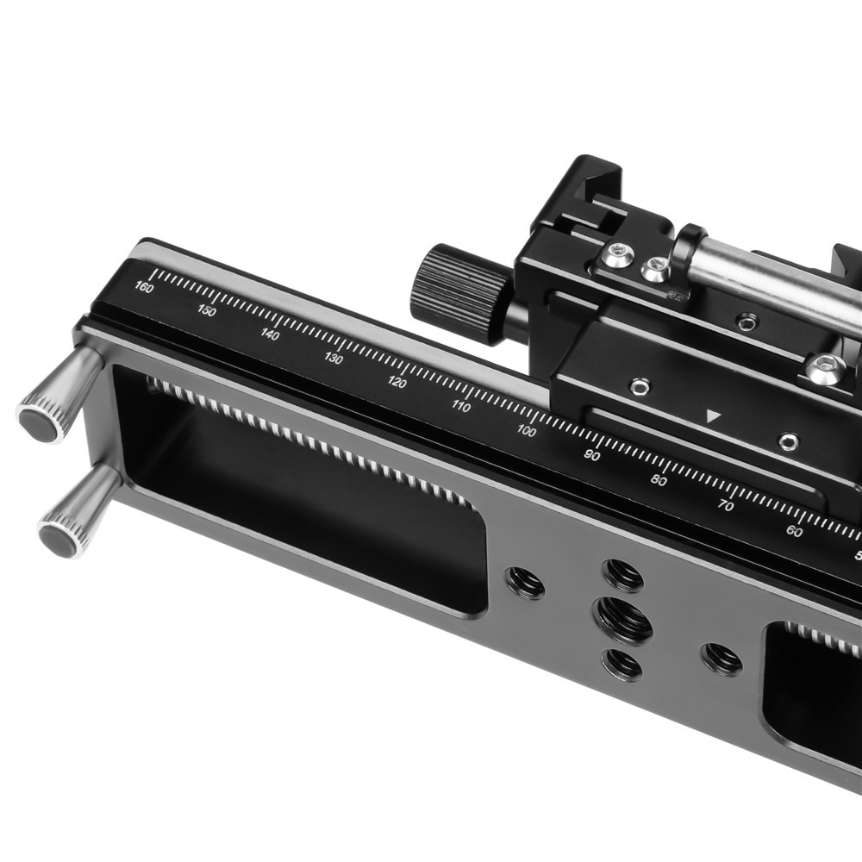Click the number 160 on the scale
click(x=145, y=287)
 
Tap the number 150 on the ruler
click(x=207, y=311)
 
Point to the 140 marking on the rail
click(x=270, y=334)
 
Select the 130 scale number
click(x=334, y=358)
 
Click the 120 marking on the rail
click(x=397, y=382)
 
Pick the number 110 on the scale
click(x=461, y=406)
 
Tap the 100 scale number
click(x=527, y=430)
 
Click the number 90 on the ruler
click(x=592, y=455)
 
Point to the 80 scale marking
click(x=659, y=480)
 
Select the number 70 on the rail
click(x=726, y=505)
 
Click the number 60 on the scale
click(x=794, y=531)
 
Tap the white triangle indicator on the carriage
click(x=712, y=416)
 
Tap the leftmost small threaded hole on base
click(x=525, y=583)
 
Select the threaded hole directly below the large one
click(x=622, y=664)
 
